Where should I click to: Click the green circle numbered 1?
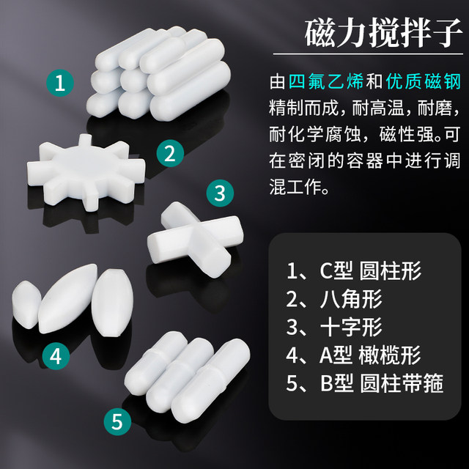(x=60, y=83)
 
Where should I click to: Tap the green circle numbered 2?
(x=170, y=153)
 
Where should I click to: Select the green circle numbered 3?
(x=220, y=193)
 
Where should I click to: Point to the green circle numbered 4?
(x=56, y=356)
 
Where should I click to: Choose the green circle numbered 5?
(x=117, y=422)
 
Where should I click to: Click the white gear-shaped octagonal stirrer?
(x=86, y=173)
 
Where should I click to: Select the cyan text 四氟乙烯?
(x=326, y=81)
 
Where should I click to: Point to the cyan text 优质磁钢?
(x=424, y=81)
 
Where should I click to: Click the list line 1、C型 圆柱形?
(x=353, y=270)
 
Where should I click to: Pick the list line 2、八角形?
(x=334, y=299)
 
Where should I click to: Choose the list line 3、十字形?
(x=334, y=327)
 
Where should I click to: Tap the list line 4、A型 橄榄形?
(x=353, y=355)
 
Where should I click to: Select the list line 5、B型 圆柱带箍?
(x=365, y=383)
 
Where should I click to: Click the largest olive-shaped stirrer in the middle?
(x=68, y=298)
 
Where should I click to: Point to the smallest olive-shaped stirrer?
(x=26, y=304)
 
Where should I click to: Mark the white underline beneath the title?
(x=368, y=54)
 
